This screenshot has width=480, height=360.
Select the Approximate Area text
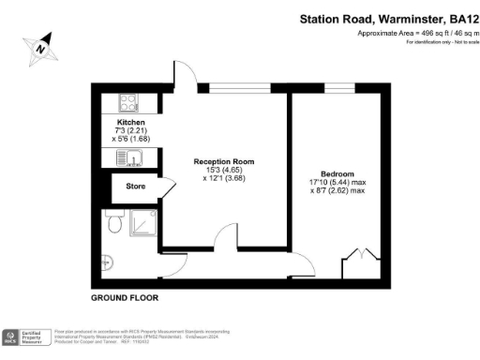pyautogui.click(x=417, y=34)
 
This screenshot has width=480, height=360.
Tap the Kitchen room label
pyautogui.click(x=131, y=122)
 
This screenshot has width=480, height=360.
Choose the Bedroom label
pyautogui.click(x=337, y=174)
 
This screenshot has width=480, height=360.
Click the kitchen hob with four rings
pyautogui.click(x=128, y=102)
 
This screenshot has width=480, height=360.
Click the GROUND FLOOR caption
pyautogui.click(x=125, y=297)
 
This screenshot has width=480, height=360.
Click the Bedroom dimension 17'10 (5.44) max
pyautogui.click(x=337, y=184)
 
